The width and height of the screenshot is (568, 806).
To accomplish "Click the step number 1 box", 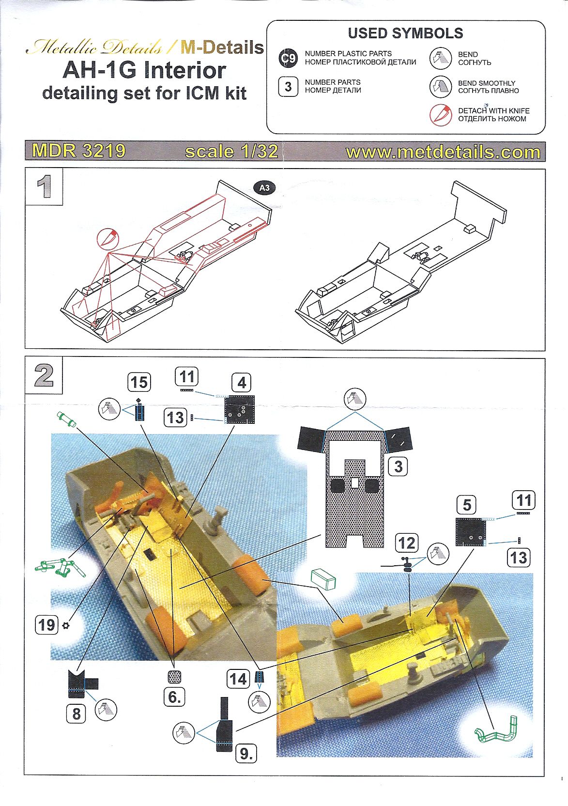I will (44, 186).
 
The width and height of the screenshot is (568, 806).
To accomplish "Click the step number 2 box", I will (44, 375).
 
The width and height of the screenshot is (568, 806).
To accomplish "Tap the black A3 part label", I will (264, 188).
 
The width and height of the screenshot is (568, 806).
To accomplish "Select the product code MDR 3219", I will (79, 151).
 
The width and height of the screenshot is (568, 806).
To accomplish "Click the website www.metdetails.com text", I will (443, 152).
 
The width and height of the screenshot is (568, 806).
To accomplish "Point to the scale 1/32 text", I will (231, 151).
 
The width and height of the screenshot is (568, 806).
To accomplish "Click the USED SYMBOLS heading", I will (405, 33).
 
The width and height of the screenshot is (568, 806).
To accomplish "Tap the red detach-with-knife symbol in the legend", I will (440, 115).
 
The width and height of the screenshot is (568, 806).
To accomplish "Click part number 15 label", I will (139, 382).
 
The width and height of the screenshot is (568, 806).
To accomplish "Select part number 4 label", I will (242, 383).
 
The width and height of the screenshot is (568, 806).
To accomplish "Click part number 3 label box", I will (398, 466).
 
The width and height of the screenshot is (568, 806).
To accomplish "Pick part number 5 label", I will (467, 505).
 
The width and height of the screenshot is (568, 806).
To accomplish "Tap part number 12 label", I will (407, 543).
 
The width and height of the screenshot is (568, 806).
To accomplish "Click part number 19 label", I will (46, 624).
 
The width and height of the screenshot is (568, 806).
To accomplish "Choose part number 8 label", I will (77, 713).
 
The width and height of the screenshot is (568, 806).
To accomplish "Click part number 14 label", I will (238, 679).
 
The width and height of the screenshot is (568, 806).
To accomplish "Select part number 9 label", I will (246, 753).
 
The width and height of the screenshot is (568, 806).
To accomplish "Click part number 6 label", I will (174, 697).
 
